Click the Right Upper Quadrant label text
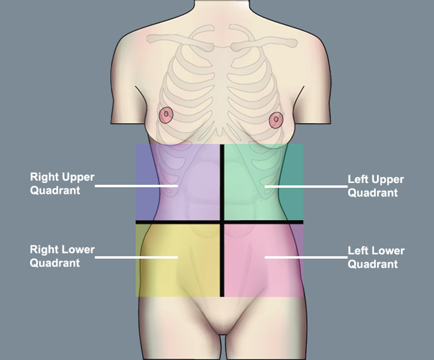pos(62,184)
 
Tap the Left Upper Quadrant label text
pos(375,186)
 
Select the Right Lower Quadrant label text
pos(62,256)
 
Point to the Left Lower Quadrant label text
pos(375,258)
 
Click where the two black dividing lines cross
pos(222,222)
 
